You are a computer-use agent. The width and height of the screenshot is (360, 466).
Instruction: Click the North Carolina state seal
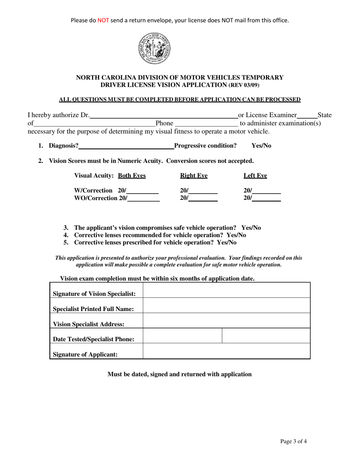[x=154, y=48]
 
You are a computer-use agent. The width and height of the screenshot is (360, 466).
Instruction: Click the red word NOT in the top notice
[x=103, y=20]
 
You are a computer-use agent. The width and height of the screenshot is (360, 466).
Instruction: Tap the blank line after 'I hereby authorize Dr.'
[x=163, y=115]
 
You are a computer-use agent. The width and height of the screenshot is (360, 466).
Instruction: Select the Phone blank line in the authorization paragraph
[x=206, y=124]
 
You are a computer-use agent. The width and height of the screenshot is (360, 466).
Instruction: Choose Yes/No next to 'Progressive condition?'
[x=261, y=146]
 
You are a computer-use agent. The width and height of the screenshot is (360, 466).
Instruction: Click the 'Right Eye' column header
[x=194, y=176]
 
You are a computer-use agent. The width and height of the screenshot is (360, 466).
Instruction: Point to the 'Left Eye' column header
[x=255, y=176]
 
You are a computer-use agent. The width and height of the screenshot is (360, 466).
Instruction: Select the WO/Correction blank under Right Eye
[x=203, y=198]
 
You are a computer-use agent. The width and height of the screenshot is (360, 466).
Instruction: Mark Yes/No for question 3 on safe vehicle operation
[x=251, y=228]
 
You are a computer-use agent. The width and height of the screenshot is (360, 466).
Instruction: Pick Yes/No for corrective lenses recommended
[x=236, y=235]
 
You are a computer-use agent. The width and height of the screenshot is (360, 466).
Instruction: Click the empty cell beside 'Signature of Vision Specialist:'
[x=226, y=291]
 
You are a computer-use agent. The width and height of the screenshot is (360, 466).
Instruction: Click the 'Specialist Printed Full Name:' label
[x=93, y=309]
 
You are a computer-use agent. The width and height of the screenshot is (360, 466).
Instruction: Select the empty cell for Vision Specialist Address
[x=226, y=321]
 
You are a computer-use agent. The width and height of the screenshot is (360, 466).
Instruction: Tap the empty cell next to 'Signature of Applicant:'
[x=226, y=351]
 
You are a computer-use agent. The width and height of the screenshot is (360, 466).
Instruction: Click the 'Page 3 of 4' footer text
[x=293, y=441]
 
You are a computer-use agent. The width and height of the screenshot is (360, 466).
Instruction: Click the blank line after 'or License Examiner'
[x=307, y=115]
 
